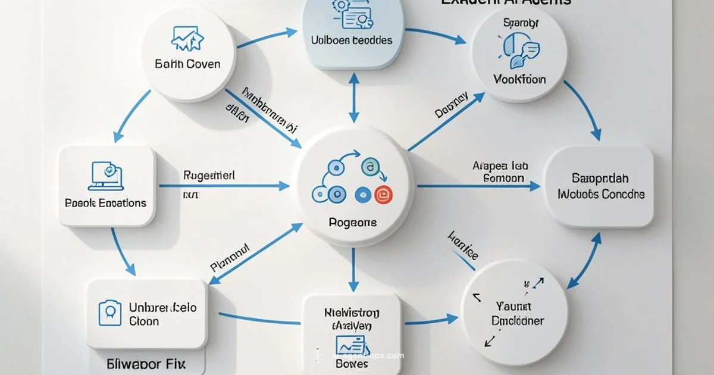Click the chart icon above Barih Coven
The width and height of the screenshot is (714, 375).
click(x=187, y=38)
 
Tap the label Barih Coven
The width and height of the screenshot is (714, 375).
click(x=187, y=64)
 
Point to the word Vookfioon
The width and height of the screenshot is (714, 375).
click(x=519, y=79)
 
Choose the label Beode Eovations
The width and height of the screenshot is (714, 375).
click(x=105, y=203)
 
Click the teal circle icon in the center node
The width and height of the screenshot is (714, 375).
click(x=369, y=168)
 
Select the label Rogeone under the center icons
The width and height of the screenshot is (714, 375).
click(x=352, y=223)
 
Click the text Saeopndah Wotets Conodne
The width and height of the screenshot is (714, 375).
click(x=600, y=186)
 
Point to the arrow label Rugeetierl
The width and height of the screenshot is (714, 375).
click(x=208, y=176)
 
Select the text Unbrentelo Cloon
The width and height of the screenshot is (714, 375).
click(x=162, y=314)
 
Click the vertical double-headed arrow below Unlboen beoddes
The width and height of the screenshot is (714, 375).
click(x=353, y=98)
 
